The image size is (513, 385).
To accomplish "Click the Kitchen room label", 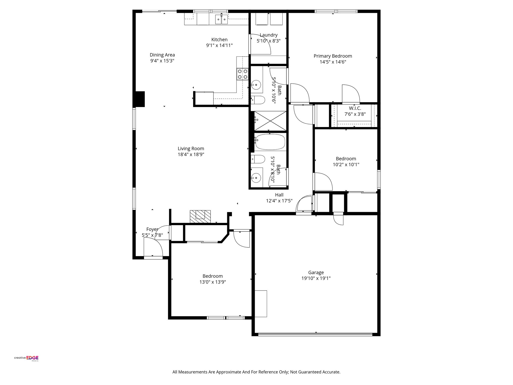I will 219,40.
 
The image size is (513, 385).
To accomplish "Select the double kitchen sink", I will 221,19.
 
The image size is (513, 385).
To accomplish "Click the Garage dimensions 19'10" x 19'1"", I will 316,278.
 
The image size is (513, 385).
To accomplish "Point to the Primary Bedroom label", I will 333,56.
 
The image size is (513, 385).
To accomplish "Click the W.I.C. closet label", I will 355,108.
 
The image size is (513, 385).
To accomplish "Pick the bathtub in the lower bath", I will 270,142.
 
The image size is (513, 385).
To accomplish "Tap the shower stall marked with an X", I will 270,121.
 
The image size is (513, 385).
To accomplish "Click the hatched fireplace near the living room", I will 200,216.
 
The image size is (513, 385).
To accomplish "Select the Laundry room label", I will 269,35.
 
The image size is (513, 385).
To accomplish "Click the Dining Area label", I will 162,55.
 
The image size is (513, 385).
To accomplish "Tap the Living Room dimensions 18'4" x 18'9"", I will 191,155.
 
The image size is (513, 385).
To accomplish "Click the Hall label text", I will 279,195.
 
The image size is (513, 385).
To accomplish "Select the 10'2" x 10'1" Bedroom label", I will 346,159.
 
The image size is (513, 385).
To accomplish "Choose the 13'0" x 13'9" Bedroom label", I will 213,276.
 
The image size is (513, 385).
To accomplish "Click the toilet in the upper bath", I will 258,100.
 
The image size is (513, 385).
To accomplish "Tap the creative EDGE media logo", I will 26,358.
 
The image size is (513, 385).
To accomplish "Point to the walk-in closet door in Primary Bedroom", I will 351,94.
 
